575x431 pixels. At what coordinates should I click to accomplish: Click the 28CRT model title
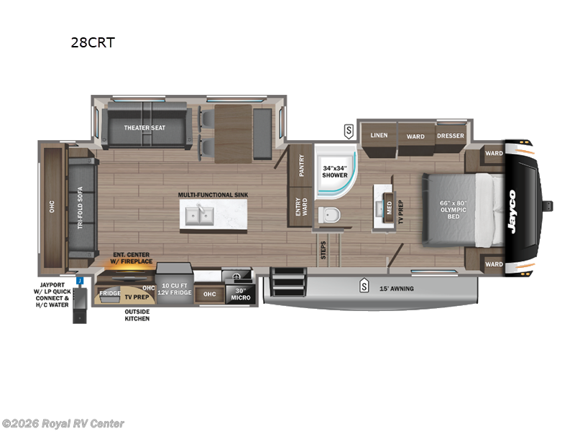pos(92,42)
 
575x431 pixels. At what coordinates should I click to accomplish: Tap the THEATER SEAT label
pos(144,128)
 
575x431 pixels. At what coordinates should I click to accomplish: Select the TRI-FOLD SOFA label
pos(80,205)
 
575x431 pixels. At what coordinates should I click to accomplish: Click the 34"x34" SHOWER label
pos(335,172)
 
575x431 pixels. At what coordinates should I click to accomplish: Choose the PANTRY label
pos(301,166)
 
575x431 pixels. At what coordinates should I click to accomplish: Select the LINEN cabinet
pos(379,136)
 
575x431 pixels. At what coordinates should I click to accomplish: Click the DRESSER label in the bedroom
pos(451,136)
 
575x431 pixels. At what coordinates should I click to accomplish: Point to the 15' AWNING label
pos(397,289)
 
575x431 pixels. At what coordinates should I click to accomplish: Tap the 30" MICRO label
pos(237,294)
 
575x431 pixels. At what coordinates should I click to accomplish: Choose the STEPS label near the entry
pos(323,249)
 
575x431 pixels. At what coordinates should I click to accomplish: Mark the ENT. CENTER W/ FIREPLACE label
pos(131,257)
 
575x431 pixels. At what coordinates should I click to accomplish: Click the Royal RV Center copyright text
pos(63,424)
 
